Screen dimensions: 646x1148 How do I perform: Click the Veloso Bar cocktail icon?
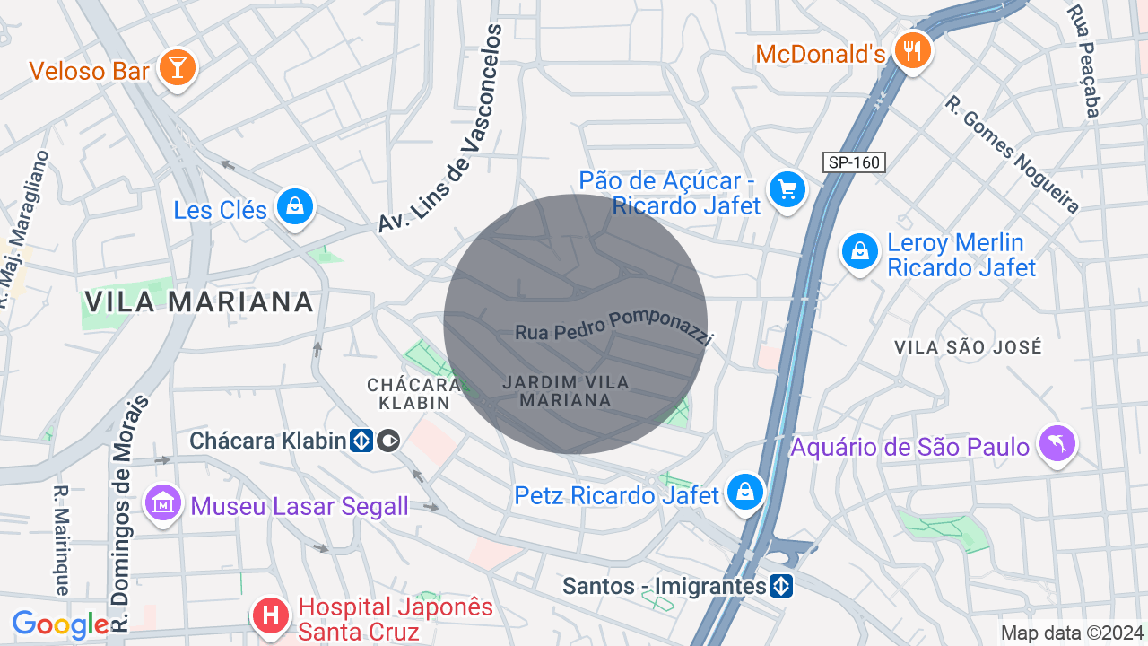(x=177, y=68)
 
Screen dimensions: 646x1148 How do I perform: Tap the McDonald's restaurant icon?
(x=913, y=51)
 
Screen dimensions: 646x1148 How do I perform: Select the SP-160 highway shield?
(x=854, y=162)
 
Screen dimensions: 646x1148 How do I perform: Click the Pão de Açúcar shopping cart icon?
(x=787, y=190)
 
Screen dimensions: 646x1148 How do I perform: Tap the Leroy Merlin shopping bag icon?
(x=860, y=251)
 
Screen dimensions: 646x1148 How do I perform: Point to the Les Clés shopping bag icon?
(x=293, y=207)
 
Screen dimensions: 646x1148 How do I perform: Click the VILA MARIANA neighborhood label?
(x=198, y=301)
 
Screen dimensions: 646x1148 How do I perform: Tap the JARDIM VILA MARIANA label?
(x=565, y=391)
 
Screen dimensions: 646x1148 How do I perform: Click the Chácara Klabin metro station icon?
(x=361, y=441)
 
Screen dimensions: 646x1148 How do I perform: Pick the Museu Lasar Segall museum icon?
(x=162, y=503)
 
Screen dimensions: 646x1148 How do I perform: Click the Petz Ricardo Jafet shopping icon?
(x=744, y=492)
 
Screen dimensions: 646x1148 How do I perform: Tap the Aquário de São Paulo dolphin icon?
(x=1057, y=443)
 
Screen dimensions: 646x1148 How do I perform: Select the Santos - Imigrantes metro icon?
(x=781, y=587)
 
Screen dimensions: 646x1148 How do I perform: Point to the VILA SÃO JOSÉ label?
(x=968, y=347)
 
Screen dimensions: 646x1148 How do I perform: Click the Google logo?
(x=60, y=624)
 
